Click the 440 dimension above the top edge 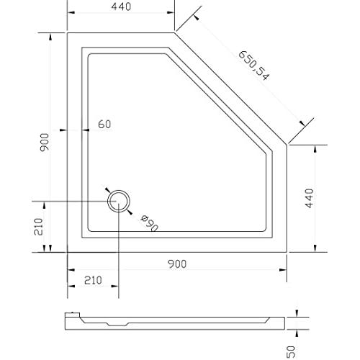click(121, 6)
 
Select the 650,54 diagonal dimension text click(254, 66)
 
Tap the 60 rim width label click(104, 125)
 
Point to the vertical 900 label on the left click(45, 142)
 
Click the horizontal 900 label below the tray click(177, 264)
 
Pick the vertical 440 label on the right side click(309, 198)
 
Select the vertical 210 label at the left click(38, 227)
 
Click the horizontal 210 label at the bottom click(93, 280)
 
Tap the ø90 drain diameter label click(150, 223)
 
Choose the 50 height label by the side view click(291, 352)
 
